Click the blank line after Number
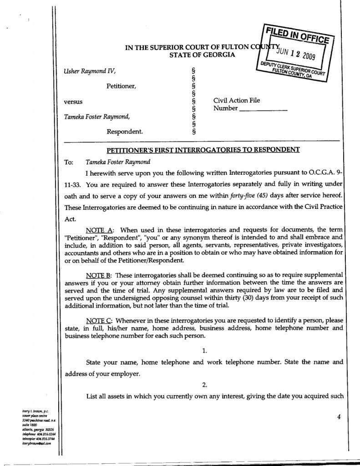(263, 109)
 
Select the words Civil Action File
(237, 101)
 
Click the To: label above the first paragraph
(69, 162)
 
